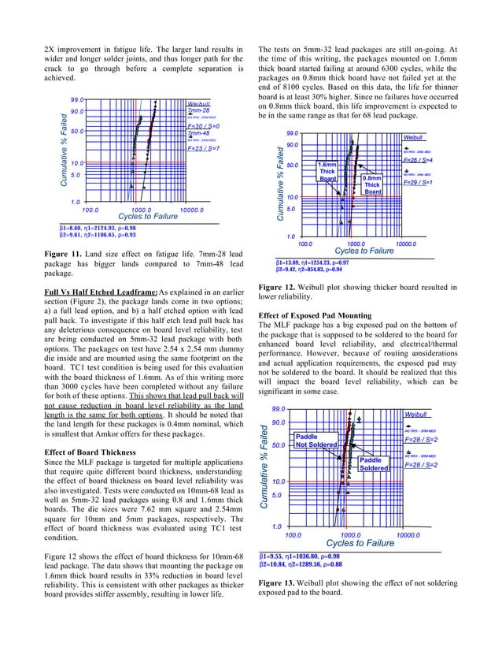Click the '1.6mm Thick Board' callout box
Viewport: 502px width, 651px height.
[327, 172]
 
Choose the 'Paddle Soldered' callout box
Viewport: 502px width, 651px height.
[371, 464]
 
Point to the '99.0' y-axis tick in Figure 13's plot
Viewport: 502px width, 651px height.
[279, 410]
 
